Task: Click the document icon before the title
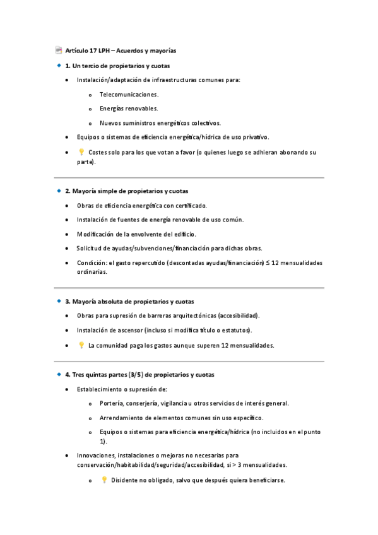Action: [x=59, y=50]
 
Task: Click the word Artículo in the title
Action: [x=77, y=50]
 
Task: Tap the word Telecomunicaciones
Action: [x=129, y=94]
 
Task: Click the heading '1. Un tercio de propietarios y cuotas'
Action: [x=117, y=66]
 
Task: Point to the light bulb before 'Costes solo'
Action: [x=81, y=152]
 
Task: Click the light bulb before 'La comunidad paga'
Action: [x=81, y=345]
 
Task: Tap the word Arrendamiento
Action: [x=123, y=418]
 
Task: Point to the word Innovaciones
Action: [x=97, y=454]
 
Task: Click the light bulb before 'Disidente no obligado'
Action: [x=104, y=479]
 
